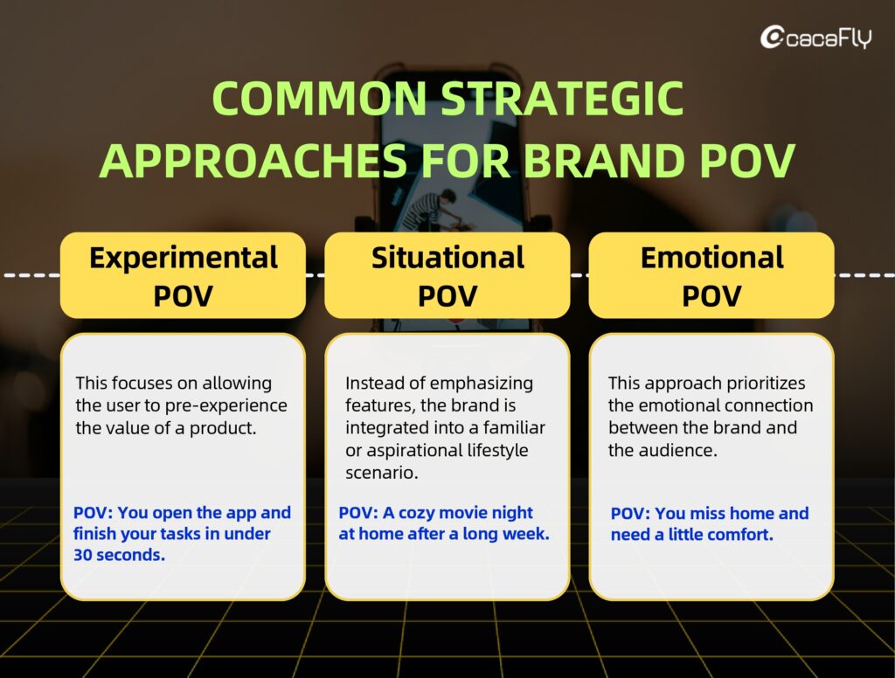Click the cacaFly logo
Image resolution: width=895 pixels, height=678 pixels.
pyautogui.click(x=816, y=38)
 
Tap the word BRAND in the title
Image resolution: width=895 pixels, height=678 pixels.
pyautogui.click(x=605, y=161)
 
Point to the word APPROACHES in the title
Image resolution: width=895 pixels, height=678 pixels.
pyautogui.click(x=253, y=161)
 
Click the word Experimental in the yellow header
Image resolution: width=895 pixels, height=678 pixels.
pyautogui.click(x=184, y=258)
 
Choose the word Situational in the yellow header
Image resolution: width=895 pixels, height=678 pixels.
pyautogui.click(x=447, y=258)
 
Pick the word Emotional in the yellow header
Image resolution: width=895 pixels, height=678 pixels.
pyautogui.click(x=711, y=258)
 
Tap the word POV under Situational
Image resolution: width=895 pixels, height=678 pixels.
pyautogui.click(x=447, y=296)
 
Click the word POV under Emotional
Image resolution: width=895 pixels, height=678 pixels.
pyautogui.click(x=711, y=296)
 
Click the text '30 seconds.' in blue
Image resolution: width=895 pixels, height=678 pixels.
pyautogui.click(x=119, y=555)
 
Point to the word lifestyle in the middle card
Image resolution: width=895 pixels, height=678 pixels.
pyautogui.click(x=497, y=450)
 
